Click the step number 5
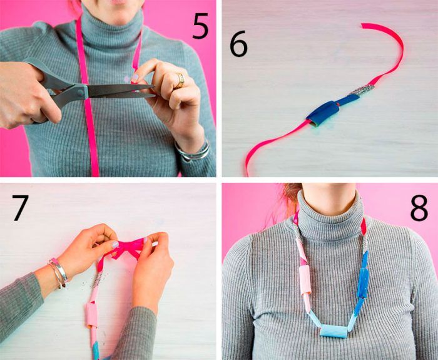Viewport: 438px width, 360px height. tap(200, 27)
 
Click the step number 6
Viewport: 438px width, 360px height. tap(238, 44)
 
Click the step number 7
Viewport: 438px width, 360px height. tap(20, 208)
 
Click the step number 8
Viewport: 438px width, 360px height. tap(419, 208)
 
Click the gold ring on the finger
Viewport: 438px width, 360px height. tap(180, 81)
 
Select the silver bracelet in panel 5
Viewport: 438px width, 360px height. tap(193, 151)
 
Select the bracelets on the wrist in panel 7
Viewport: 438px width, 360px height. tap(58, 273)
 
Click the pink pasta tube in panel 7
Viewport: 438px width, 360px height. tap(91, 315)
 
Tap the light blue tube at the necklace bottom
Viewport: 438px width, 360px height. tap(334, 331)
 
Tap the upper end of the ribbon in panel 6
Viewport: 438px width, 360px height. tap(363, 25)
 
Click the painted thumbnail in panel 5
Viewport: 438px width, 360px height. tap(135, 78)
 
